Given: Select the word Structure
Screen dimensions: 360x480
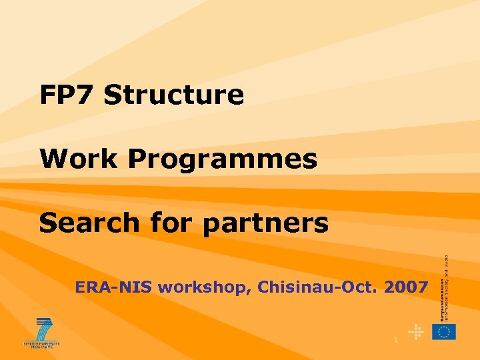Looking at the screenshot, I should (x=174, y=95).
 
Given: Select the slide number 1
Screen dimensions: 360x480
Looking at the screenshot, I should (x=396, y=341).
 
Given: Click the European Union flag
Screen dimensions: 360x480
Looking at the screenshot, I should (x=443, y=332).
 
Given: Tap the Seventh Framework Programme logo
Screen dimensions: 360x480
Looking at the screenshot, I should (x=41, y=333).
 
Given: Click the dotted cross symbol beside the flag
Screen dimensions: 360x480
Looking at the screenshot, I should (x=416, y=332).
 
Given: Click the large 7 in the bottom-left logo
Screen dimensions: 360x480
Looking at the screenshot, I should (x=44, y=328).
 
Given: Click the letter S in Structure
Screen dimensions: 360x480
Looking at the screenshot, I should (x=113, y=95).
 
